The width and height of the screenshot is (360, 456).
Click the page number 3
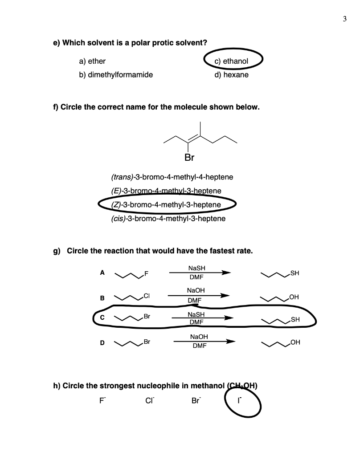[x=345, y=19]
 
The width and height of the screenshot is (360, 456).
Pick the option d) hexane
[x=231, y=75]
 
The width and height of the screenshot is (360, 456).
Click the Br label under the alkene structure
[x=189, y=157]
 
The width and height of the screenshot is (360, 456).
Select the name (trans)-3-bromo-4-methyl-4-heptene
[x=172, y=177]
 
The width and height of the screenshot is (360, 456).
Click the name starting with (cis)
[x=168, y=219]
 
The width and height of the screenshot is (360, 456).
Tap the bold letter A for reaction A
[x=102, y=273]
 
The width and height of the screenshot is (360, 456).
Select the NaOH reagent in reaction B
[x=197, y=290]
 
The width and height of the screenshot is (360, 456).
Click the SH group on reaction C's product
[x=295, y=319]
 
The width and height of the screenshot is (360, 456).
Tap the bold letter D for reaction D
[x=102, y=342]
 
